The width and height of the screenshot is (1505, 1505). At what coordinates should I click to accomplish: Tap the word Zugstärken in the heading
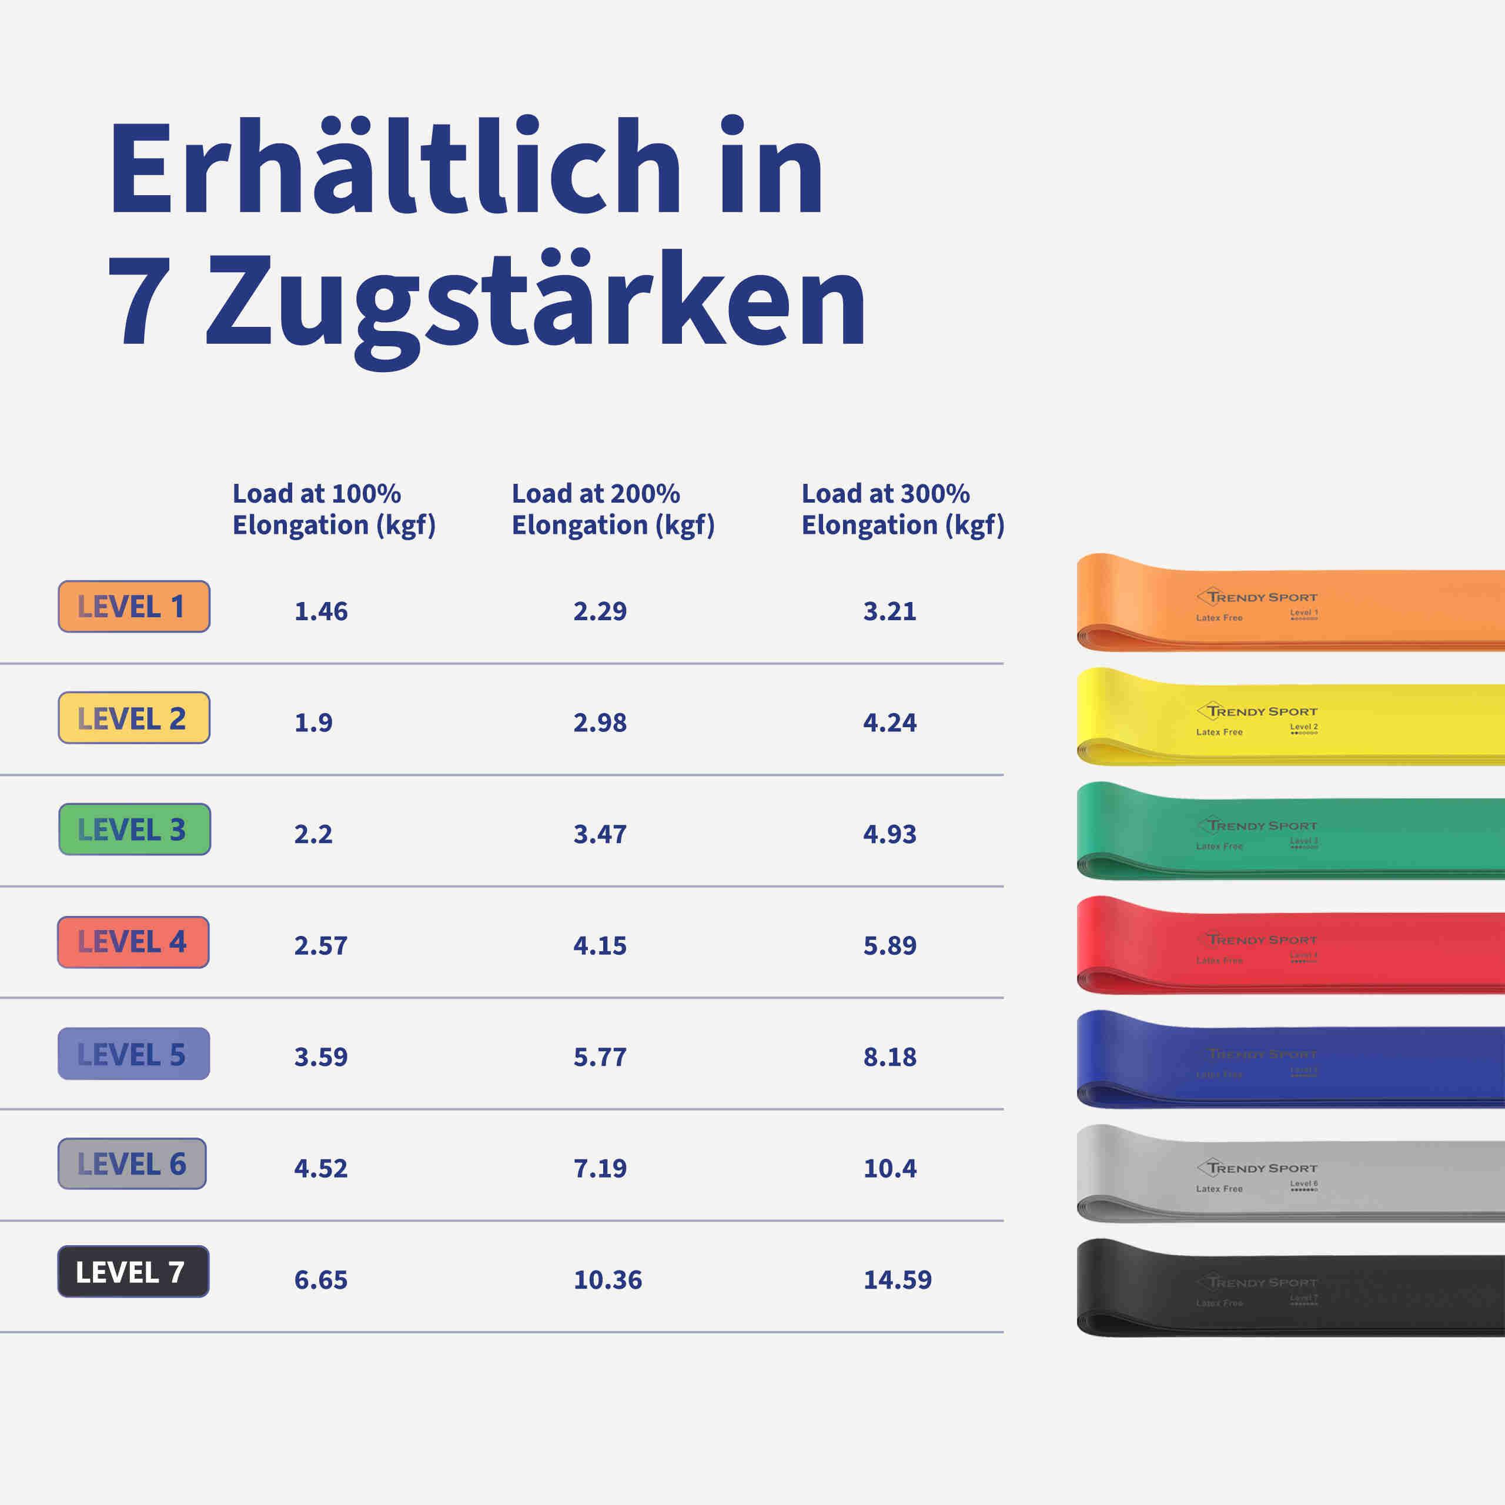click(x=536, y=302)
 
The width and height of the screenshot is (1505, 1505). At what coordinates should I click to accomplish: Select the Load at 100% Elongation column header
click(x=333, y=509)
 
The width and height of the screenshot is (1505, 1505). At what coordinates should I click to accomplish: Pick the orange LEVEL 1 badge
click(x=134, y=606)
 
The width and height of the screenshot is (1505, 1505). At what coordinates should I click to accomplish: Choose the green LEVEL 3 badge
click(x=134, y=830)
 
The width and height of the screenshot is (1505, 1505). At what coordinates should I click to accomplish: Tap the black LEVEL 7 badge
click(x=133, y=1271)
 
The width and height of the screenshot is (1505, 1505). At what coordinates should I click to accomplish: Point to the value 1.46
click(x=321, y=611)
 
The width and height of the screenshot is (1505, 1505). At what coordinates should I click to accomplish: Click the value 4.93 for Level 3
click(x=889, y=834)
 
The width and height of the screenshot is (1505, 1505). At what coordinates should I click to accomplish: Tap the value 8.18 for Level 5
click(x=889, y=1057)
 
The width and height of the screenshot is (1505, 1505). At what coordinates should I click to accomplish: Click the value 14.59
click(x=897, y=1280)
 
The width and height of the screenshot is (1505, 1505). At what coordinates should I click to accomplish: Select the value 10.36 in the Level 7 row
click(x=608, y=1280)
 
